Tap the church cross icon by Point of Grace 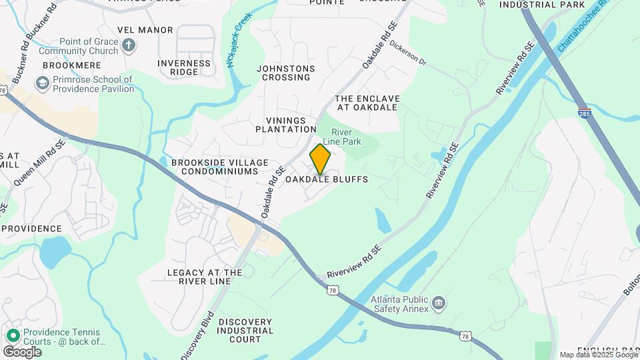click(x=129, y=46)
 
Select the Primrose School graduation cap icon click(x=43, y=83)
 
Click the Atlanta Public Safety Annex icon click(x=439, y=304)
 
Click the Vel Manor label click(x=145, y=30)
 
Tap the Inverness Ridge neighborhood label click(x=184, y=67)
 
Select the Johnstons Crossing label click(x=286, y=73)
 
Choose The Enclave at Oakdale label click(x=367, y=103)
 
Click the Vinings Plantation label click(x=286, y=124)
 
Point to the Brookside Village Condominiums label click(x=219, y=167)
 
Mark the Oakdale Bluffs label click(x=327, y=180)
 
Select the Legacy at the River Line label click(x=205, y=277)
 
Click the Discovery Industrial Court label click(x=245, y=331)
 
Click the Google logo click(x=22, y=351)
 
